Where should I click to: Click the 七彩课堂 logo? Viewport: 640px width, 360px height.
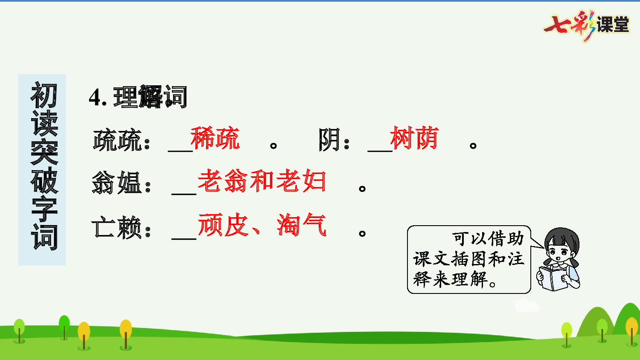[x=587, y=25]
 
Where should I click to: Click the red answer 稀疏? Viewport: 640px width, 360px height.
[x=215, y=138]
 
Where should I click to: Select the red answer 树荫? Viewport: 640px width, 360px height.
[x=414, y=138]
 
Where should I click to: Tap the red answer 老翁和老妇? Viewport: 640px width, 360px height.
[x=262, y=181]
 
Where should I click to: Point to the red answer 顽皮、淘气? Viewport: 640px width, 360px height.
[x=262, y=225]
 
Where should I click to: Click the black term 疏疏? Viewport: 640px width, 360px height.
[x=117, y=140]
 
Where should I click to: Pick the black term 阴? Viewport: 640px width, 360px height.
[x=329, y=140]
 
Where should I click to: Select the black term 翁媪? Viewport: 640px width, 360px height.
[x=116, y=183]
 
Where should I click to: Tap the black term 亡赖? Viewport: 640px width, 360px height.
[x=116, y=227]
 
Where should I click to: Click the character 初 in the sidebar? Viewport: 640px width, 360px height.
[x=44, y=96]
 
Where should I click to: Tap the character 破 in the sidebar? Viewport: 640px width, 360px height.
[x=44, y=180]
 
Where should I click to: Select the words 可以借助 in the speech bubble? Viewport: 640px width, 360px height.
[x=488, y=238]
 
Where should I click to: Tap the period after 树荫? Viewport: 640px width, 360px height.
[x=473, y=145]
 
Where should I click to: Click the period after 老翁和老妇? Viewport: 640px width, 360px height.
[x=362, y=188]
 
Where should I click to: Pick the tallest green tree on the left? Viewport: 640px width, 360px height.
[x=64, y=326]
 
